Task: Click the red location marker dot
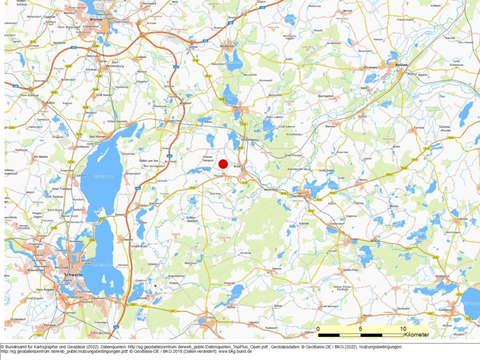223,164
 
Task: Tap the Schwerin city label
73,274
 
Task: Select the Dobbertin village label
442,276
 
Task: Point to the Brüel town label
238,166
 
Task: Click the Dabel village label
354,239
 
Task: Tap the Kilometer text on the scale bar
416,335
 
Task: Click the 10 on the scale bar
403,329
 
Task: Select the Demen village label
276,269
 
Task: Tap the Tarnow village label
418,129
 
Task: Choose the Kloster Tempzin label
208,158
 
